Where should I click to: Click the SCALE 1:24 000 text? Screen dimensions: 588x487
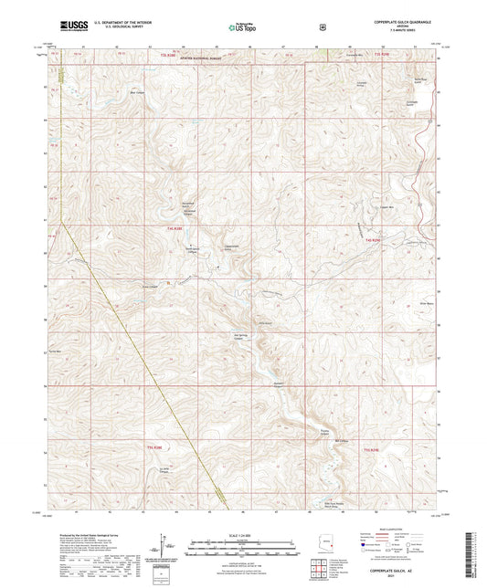(x=244, y=535)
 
